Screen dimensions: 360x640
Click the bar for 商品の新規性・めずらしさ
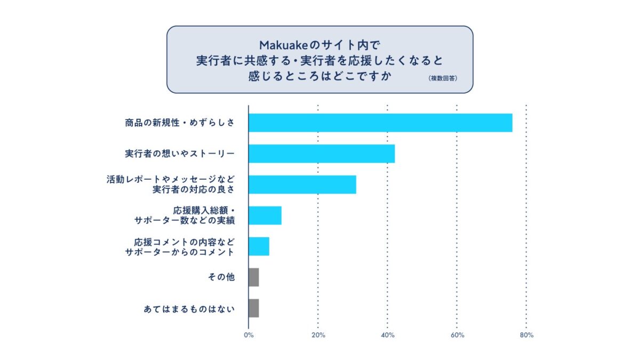[380, 123]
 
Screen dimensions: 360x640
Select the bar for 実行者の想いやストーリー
[322, 154]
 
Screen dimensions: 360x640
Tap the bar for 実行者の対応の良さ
[302, 184]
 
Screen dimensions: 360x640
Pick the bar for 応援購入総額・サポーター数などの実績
[265, 215]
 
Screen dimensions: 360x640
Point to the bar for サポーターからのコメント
[259, 246]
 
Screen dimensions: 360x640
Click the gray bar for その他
[254, 277]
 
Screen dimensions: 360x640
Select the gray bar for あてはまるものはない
[254, 308]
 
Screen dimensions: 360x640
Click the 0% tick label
[249, 335]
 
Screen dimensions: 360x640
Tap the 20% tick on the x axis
[318, 335]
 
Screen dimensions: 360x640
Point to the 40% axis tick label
[388, 335]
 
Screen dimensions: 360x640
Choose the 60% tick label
[457, 335]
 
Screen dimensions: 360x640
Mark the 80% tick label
[526, 335]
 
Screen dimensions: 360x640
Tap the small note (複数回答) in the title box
[443, 78]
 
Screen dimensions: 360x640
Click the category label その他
[221, 277]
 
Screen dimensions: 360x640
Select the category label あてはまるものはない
[189, 308]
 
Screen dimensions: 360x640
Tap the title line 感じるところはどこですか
[320, 75]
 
